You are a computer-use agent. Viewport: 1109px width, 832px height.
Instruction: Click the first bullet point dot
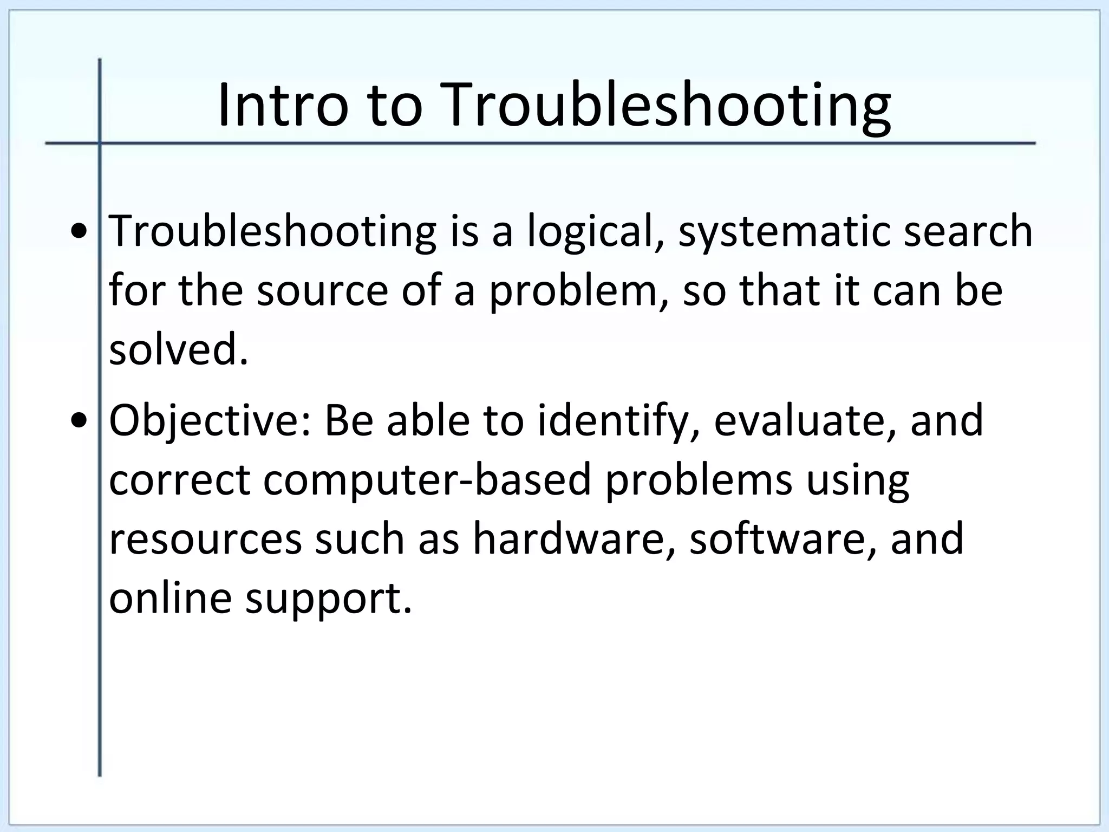(80, 232)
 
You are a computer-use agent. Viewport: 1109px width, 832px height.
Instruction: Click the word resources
(205, 539)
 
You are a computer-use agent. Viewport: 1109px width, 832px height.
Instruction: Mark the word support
(328, 599)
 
